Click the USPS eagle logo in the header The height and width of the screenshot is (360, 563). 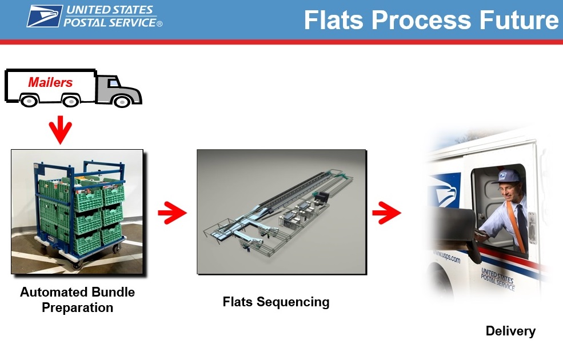coord(45,16)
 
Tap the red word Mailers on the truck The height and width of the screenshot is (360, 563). coord(50,82)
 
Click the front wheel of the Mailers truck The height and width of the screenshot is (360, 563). coord(122,102)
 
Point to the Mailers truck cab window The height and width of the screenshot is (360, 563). coord(114,83)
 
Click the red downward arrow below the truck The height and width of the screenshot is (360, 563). coord(61,130)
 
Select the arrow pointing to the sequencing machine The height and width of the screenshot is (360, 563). coord(173,213)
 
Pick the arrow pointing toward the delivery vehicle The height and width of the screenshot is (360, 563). coord(387,213)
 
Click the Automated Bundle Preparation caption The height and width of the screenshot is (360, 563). coord(78,299)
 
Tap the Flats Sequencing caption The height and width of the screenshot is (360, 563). coord(275,302)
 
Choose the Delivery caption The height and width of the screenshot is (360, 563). coord(510,330)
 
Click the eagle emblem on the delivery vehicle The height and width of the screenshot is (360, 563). coord(445,190)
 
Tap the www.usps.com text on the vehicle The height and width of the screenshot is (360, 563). coord(446,255)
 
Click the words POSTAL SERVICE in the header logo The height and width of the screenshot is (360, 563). coord(110,23)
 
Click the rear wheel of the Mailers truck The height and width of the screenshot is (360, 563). coord(71,101)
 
